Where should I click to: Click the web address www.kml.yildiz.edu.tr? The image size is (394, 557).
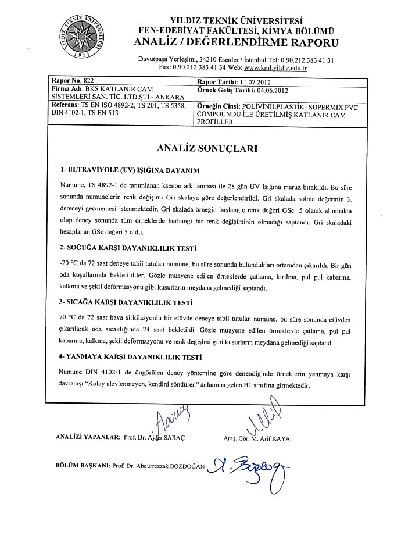(275, 68)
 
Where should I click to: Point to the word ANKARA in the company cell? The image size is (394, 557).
(169, 97)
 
